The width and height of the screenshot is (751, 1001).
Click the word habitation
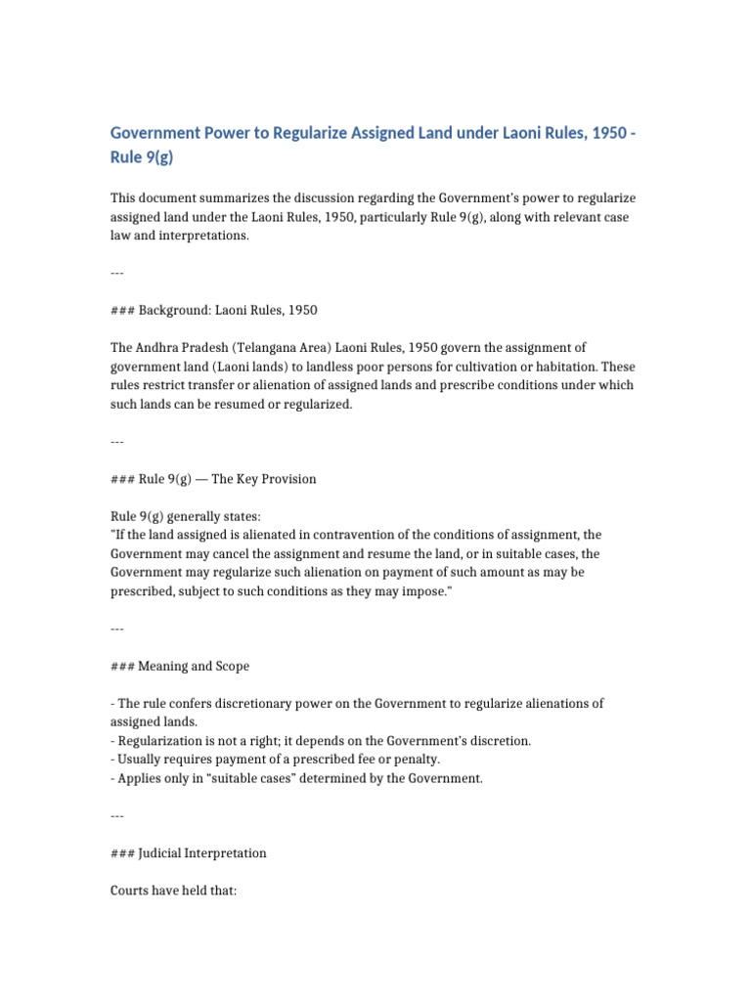(x=561, y=367)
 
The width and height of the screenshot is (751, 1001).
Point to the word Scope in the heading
(x=229, y=666)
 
